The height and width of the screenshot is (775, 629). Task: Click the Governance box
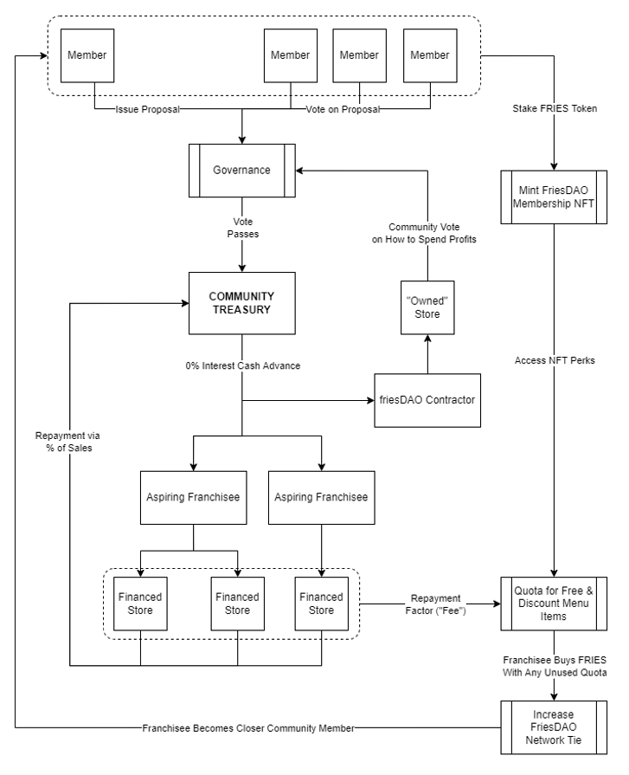point(242,171)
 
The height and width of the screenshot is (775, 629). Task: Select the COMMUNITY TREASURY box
point(242,303)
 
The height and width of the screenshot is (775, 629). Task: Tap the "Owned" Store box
point(427,307)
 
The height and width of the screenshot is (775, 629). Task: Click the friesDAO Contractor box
point(427,400)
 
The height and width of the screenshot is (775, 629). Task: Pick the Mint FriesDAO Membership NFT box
point(554,197)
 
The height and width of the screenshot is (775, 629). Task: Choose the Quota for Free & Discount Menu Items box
point(554,604)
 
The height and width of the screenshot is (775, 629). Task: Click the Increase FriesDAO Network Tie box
point(554,727)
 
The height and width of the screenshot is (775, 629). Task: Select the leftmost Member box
point(87,55)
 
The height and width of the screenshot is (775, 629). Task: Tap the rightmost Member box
point(430,55)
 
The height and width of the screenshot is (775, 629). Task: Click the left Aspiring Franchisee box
point(194,498)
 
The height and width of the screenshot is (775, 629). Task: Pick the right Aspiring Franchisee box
point(321,498)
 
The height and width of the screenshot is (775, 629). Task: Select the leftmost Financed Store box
point(140,604)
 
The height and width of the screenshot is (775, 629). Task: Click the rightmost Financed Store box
point(321,604)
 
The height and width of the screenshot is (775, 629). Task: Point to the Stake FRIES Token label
point(555,109)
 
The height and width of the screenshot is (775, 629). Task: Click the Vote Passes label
point(243,228)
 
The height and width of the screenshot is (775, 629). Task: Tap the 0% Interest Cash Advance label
point(243,365)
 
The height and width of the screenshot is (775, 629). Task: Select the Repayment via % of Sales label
point(67,442)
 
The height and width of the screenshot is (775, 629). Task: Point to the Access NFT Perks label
point(555,361)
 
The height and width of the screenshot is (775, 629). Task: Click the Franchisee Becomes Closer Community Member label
point(248,728)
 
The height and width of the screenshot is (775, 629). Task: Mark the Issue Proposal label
point(148,109)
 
